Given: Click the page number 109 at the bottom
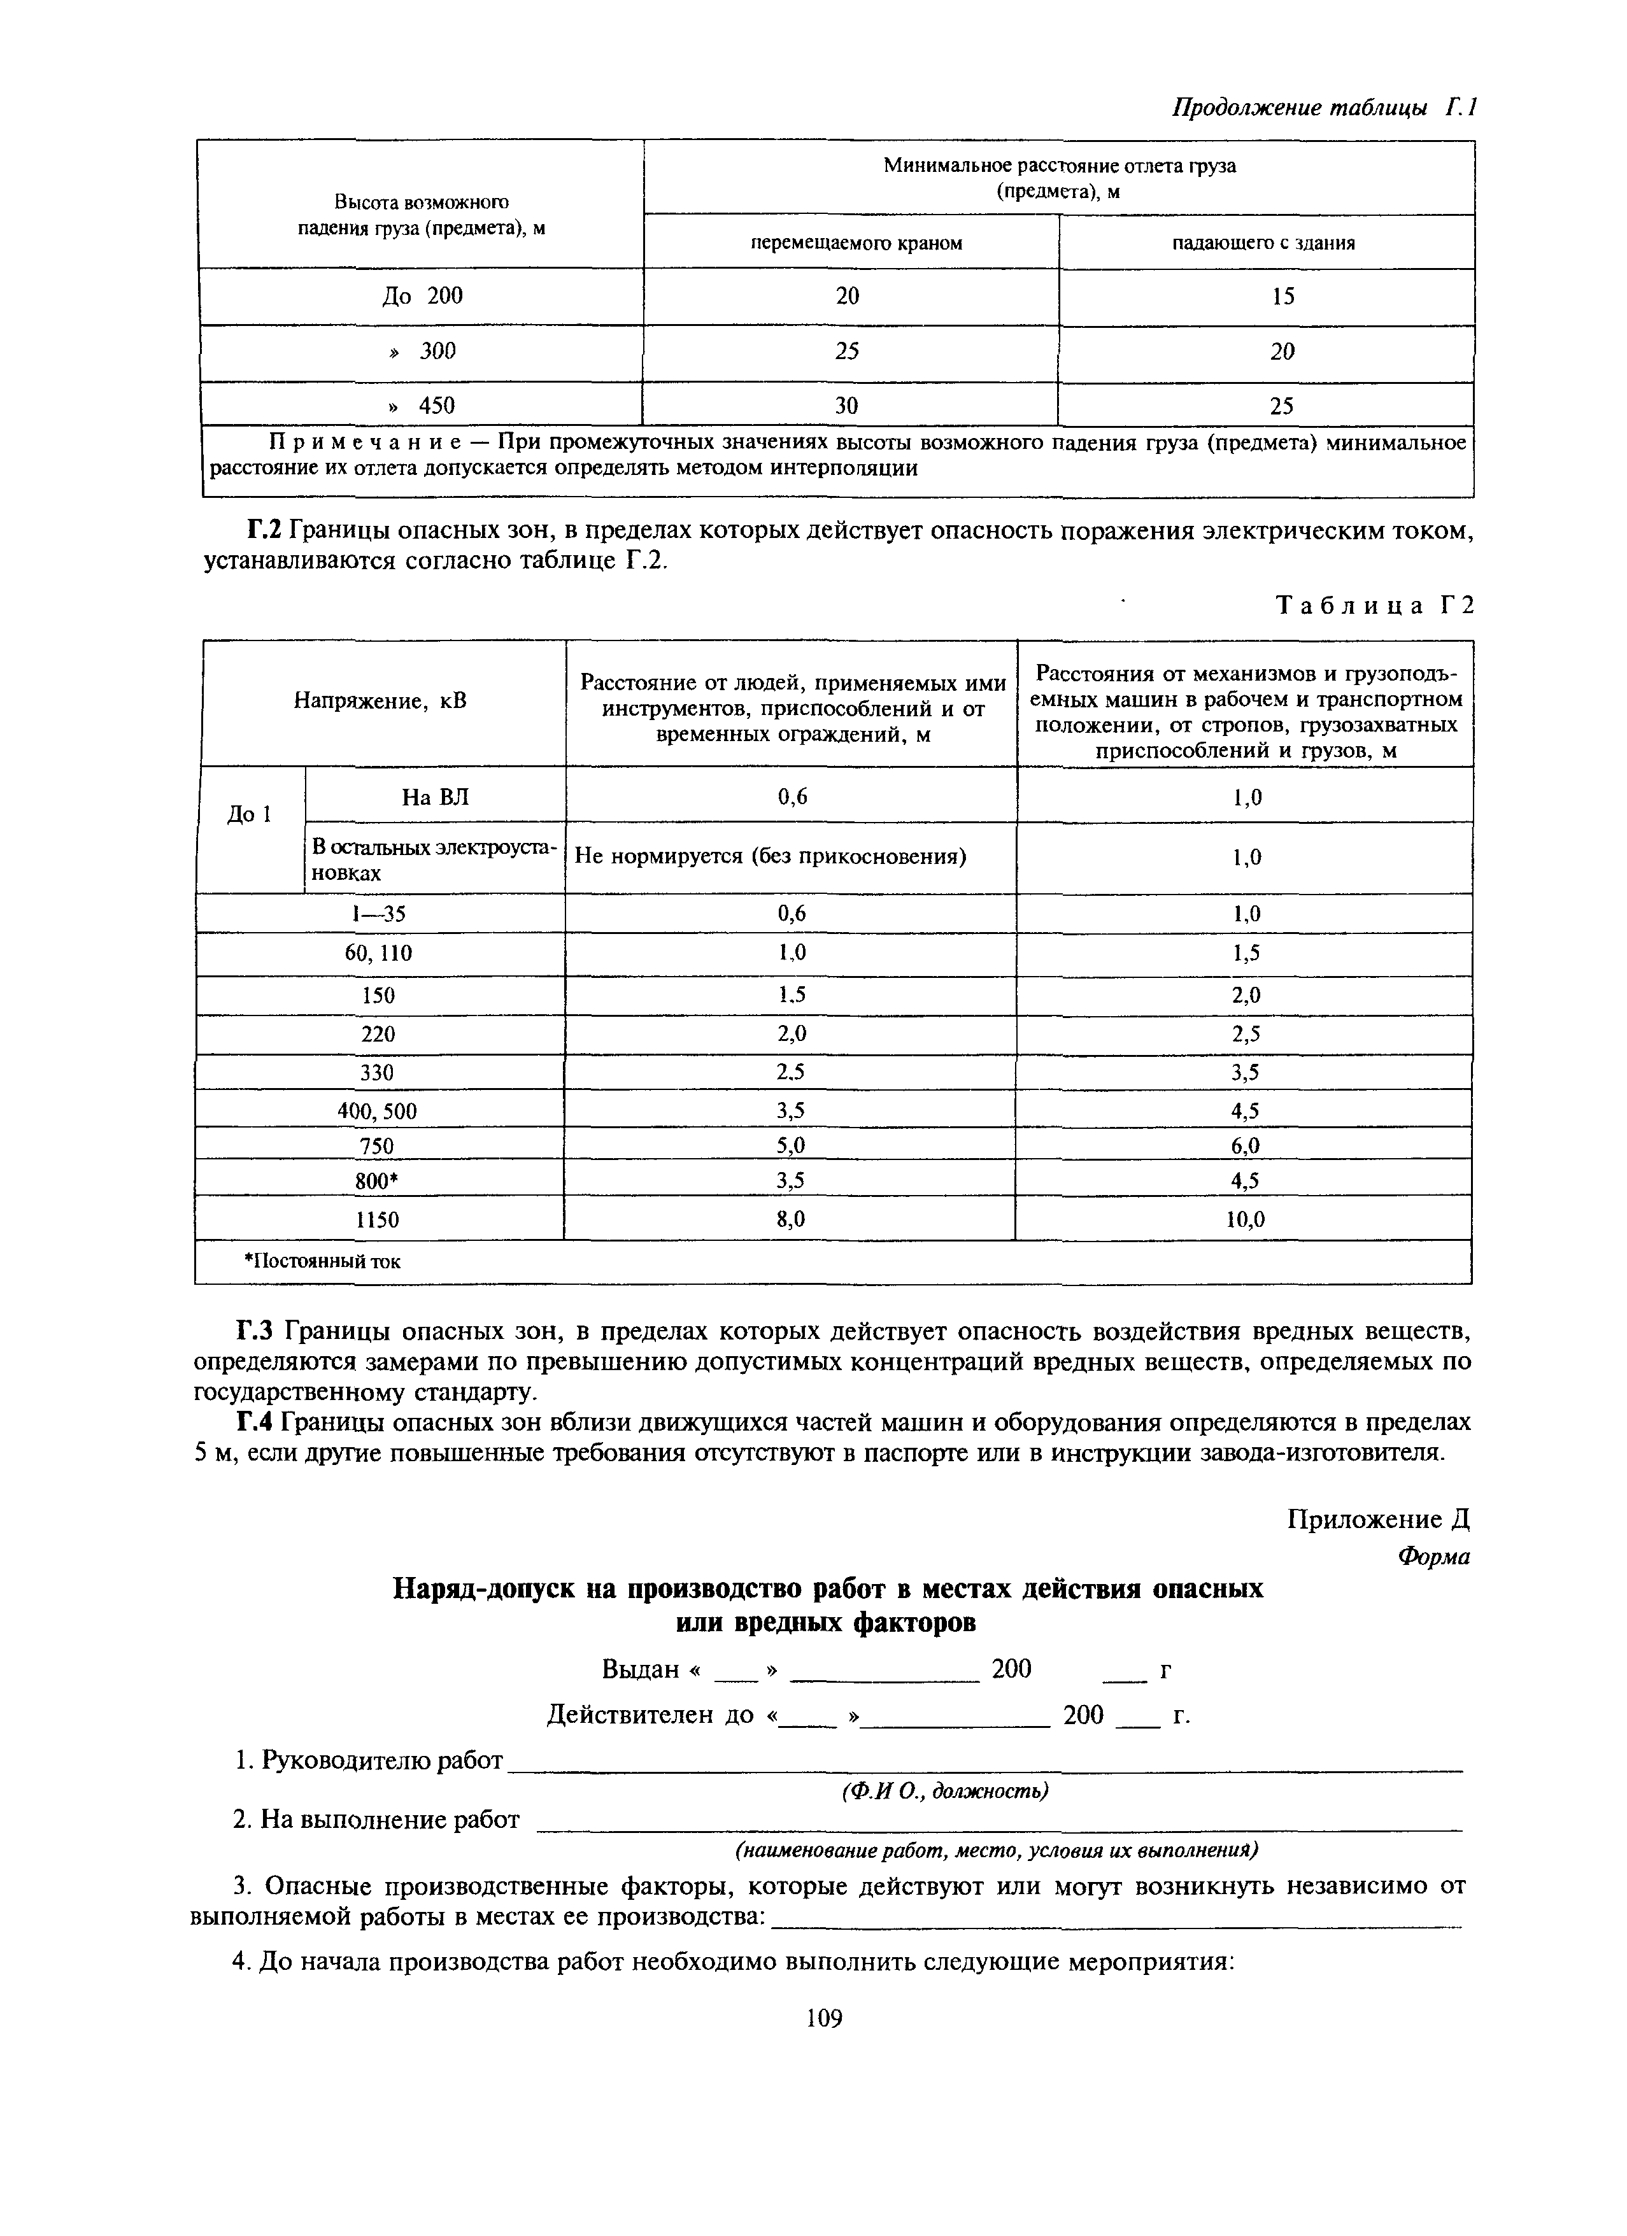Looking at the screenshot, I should point(823,2019).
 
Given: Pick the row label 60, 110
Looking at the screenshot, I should point(379,953).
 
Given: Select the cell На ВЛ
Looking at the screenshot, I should point(435,796).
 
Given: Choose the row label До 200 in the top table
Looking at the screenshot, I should point(422,296).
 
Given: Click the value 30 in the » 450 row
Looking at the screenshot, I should point(847,405).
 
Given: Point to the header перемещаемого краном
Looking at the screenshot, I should point(856,243).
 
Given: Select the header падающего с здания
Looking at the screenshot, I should point(1263,243).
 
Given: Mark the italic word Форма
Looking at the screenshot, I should point(1433,1557).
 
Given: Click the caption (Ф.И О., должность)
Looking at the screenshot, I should point(944,1790).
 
